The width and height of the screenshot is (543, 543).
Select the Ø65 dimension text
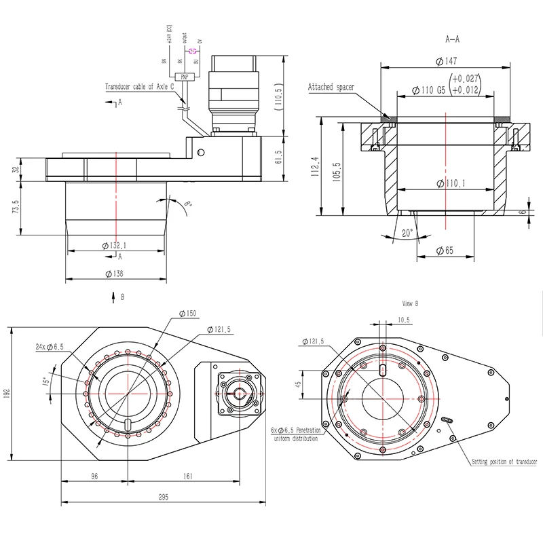point(443,250)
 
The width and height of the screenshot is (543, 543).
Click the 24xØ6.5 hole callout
point(50,346)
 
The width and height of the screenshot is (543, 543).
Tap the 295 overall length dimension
point(164,497)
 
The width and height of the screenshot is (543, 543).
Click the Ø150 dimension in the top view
point(187,313)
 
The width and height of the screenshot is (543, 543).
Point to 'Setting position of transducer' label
point(504,462)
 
